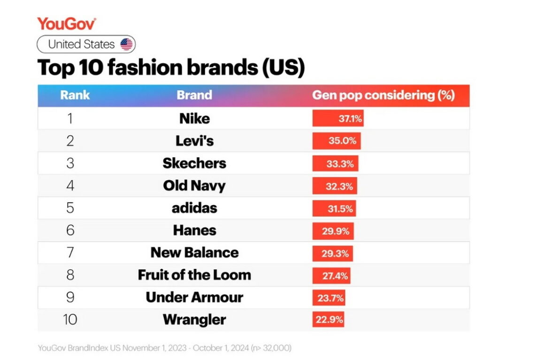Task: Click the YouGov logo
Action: [67, 23]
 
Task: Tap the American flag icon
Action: [126, 45]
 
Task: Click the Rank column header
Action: [75, 95]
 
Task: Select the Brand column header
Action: [194, 95]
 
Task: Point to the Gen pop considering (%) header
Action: [383, 95]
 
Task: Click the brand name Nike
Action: [194, 118]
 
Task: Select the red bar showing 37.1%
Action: [338, 119]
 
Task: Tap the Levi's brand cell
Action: [194, 141]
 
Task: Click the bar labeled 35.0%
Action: [337, 141]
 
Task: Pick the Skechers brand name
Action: [194, 163]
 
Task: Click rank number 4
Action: [70, 185]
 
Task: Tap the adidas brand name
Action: [194, 208]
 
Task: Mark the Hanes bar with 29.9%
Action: [333, 231]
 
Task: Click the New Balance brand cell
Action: [194, 253]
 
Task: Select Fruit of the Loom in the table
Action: [194, 275]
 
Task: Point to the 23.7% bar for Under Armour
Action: [329, 298]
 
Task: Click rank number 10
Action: [70, 320]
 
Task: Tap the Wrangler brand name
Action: [194, 320]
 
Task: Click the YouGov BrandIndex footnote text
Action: [164, 348]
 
